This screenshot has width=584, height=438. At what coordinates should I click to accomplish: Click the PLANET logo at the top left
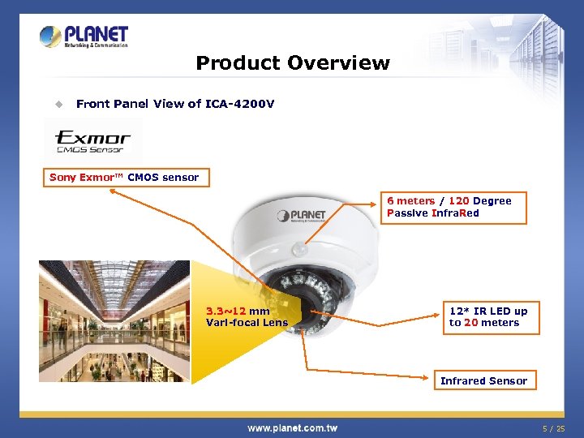84,36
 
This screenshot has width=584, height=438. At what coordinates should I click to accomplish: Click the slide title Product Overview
292,63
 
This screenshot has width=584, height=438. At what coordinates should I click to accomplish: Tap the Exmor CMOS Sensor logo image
93,139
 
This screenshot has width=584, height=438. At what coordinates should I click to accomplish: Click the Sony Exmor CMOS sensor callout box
124,178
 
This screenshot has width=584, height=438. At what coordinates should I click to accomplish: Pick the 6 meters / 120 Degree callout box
454,207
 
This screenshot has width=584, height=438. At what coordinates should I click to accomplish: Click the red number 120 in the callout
458,201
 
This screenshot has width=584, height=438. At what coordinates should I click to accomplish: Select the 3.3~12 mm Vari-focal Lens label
247,317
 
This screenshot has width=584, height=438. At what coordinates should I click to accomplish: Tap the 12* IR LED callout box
487,316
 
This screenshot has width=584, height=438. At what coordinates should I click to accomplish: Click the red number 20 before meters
470,323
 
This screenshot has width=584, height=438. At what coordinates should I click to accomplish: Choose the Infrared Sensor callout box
483,380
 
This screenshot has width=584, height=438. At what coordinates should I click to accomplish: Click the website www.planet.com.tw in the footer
292,427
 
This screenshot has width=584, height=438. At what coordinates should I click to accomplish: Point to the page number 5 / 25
555,427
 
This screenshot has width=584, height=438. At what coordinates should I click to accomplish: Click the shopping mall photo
114,320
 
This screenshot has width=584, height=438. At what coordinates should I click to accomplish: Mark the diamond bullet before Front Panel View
58,104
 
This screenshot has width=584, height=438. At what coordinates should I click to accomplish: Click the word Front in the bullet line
92,104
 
